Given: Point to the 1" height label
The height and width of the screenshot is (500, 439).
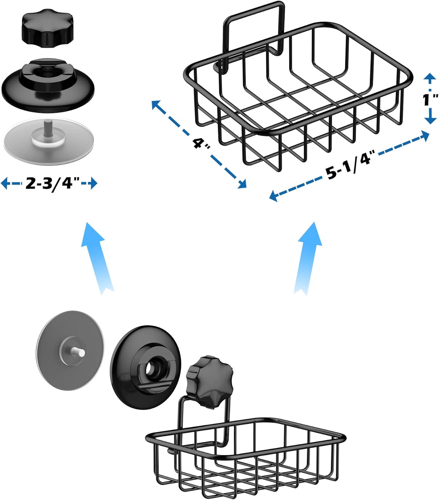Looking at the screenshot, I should [x=428, y=99].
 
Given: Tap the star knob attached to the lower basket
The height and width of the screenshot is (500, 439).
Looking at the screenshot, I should [x=208, y=380].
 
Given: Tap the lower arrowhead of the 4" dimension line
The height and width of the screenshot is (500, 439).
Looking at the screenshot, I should [x=242, y=184].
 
